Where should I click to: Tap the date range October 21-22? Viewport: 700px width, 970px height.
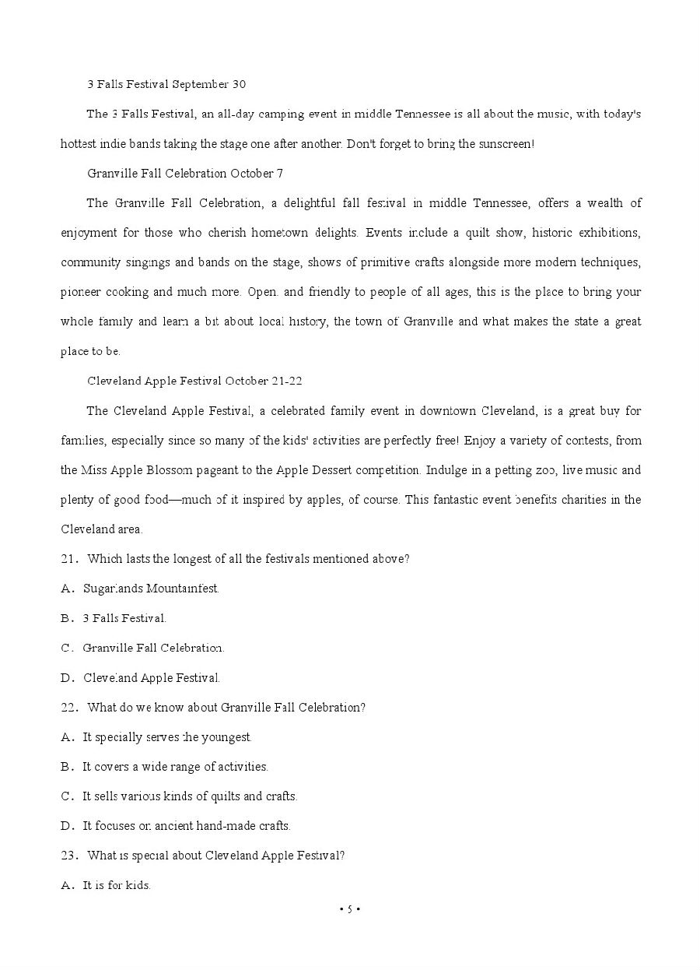pyautogui.click(x=264, y=381)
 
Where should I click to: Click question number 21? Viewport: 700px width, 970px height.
pyautogui.click(x=68, y=559)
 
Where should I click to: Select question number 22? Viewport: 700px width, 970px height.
pyautogui.click(x=68, y=707)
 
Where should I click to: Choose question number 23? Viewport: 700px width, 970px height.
pyautogui.click(x=68, y=855)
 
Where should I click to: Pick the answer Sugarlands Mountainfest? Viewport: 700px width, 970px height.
pyautogui.click(x=151, y=589)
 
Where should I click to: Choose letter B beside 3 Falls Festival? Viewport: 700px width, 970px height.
pyautogui.click(x=67, y=618)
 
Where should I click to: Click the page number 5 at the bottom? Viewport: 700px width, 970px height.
pyautogui.click(x=350, y=908)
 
